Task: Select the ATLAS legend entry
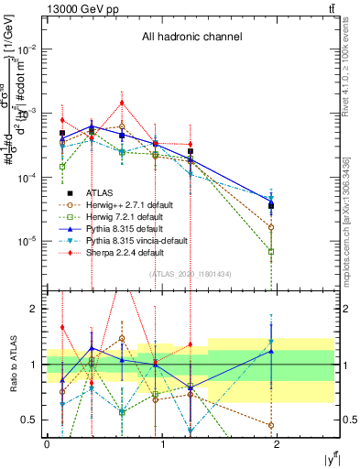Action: pyautogui.click(x=102, y=191)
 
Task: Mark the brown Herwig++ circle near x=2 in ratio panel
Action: pyautogui.click(x=271, y=425)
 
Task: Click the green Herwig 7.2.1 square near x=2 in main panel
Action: pyautogui.click(x=271, y=251)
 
